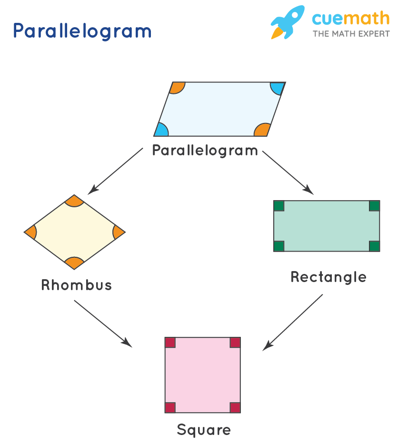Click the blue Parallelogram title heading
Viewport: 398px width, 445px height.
pyautogui.click(x=82, y=31)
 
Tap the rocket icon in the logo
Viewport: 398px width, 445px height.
pyautogui.click(x=287, y=21)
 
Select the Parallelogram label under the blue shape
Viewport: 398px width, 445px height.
pyautogui.click(x=205, y=151)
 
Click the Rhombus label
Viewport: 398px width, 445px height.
pyautogui.click(x=77, y=285)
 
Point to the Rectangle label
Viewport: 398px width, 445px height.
pyautogui.click(x=328, y=277)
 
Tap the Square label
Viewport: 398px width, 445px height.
pyautogui.click(x=204, y=430)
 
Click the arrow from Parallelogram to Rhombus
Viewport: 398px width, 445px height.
pyautogui.click(x=115, y=171)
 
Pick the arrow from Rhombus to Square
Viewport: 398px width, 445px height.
pyautogui.click(x=102, y=323)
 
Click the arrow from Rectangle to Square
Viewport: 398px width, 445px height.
pyautogui.click(x=293, y=322)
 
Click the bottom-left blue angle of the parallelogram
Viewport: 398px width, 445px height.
pyautogui.click(x=161, y=131)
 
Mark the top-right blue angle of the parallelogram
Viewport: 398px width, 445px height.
pyautogui.click(x=277, y=87)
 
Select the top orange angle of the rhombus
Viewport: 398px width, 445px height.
pyautogui.click(x=74, y=201)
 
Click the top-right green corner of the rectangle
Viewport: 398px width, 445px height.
pyautogui.click(x=374, y=206)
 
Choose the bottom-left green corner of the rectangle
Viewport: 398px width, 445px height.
pyautogui.click(x=279, y=246)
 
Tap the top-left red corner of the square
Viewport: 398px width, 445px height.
pyautogui.click(x=170, y=343)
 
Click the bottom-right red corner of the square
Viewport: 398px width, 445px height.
pyautogui.click(x=235, y=407)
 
